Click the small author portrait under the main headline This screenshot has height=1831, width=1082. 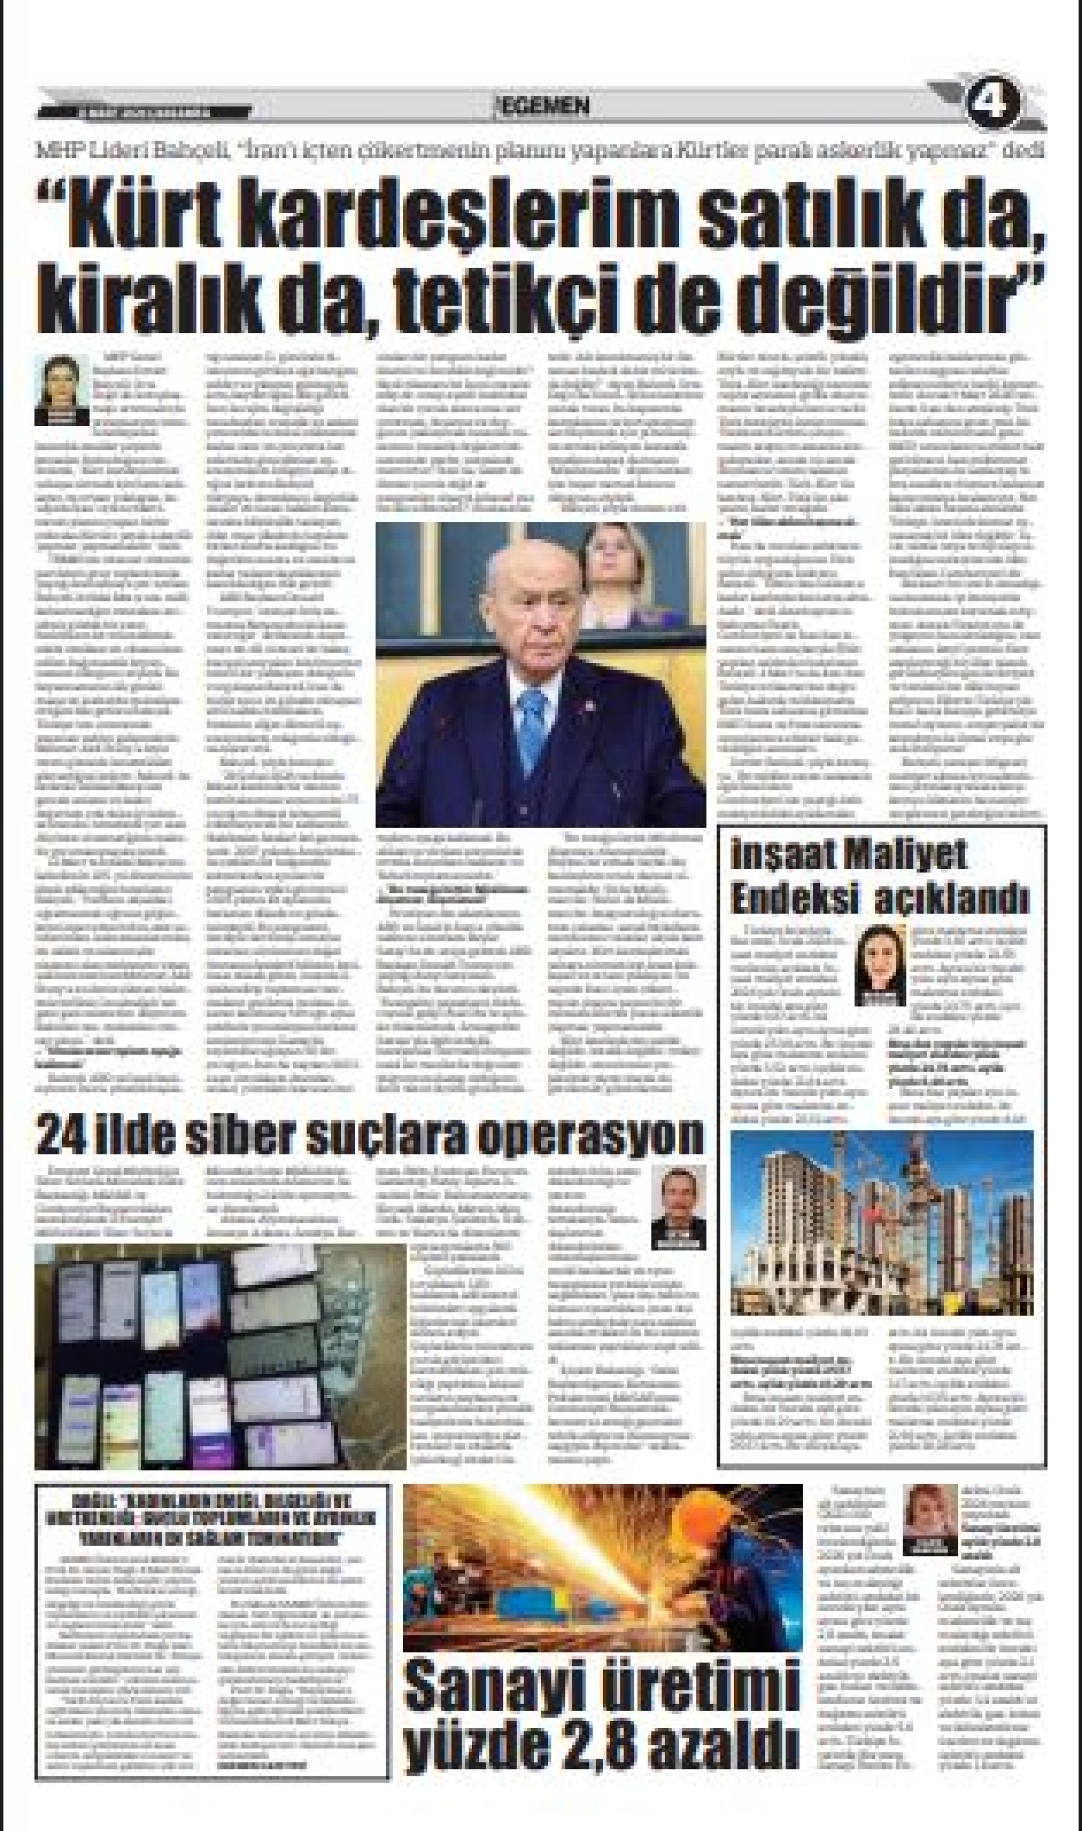pyautogui.click(x=62, y=390)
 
